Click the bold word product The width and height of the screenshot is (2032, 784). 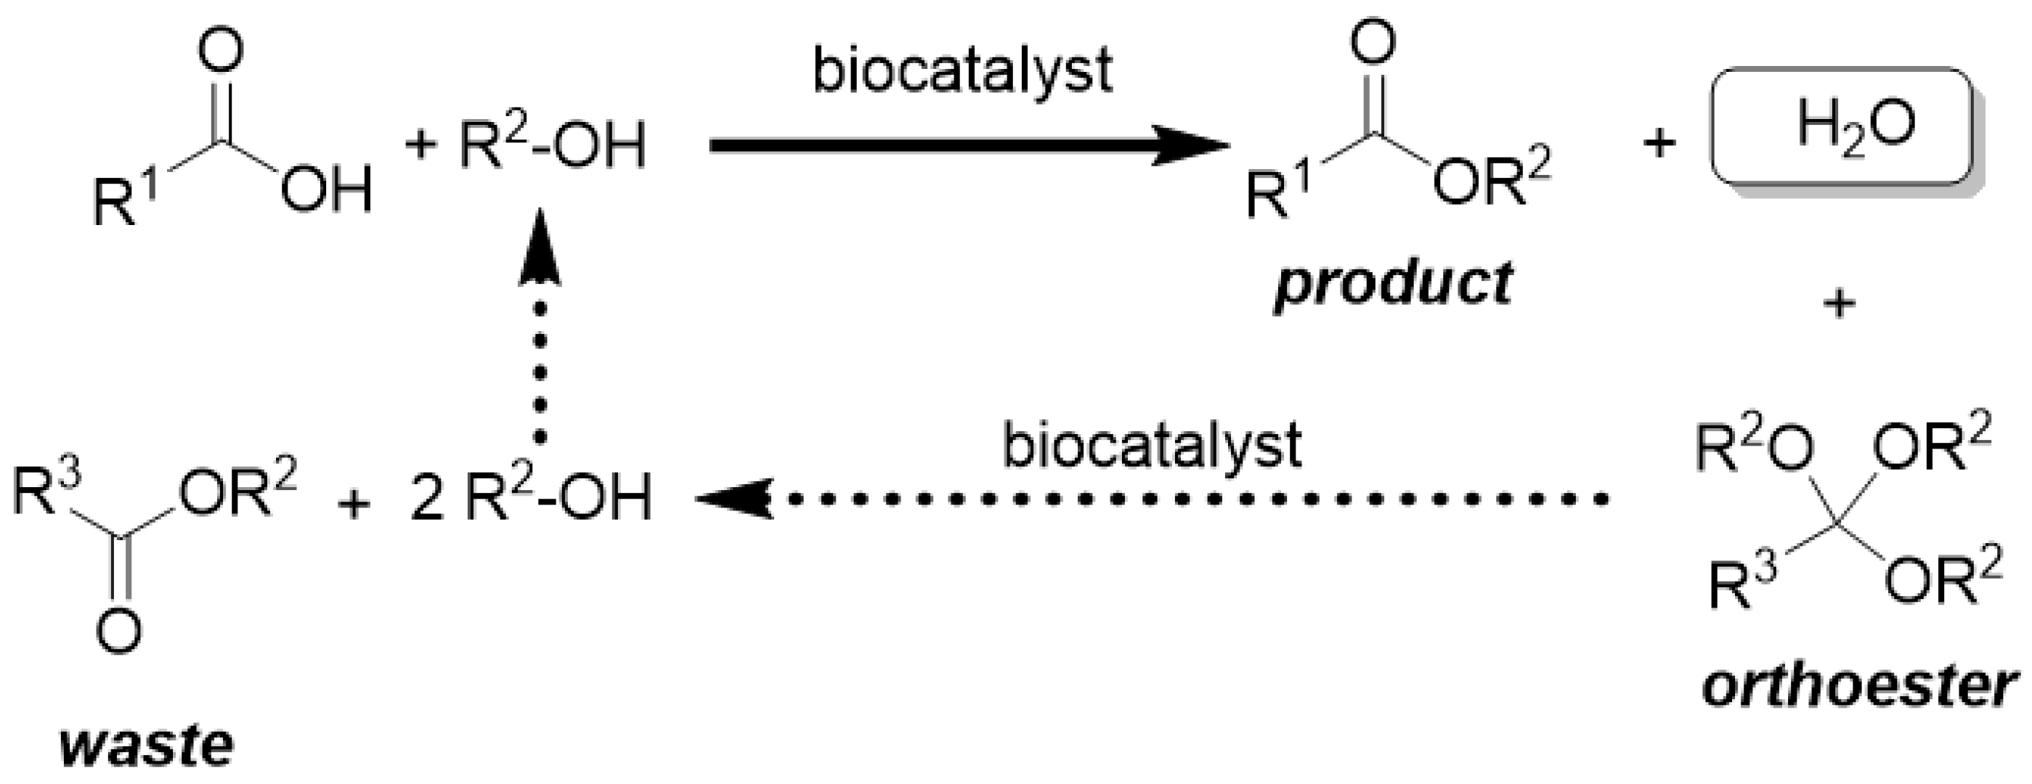[x=1392, y=283]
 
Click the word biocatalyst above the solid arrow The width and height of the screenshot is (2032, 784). [x=962, y=72]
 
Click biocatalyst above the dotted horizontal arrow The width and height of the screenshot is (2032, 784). [x=1152, y=446]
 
